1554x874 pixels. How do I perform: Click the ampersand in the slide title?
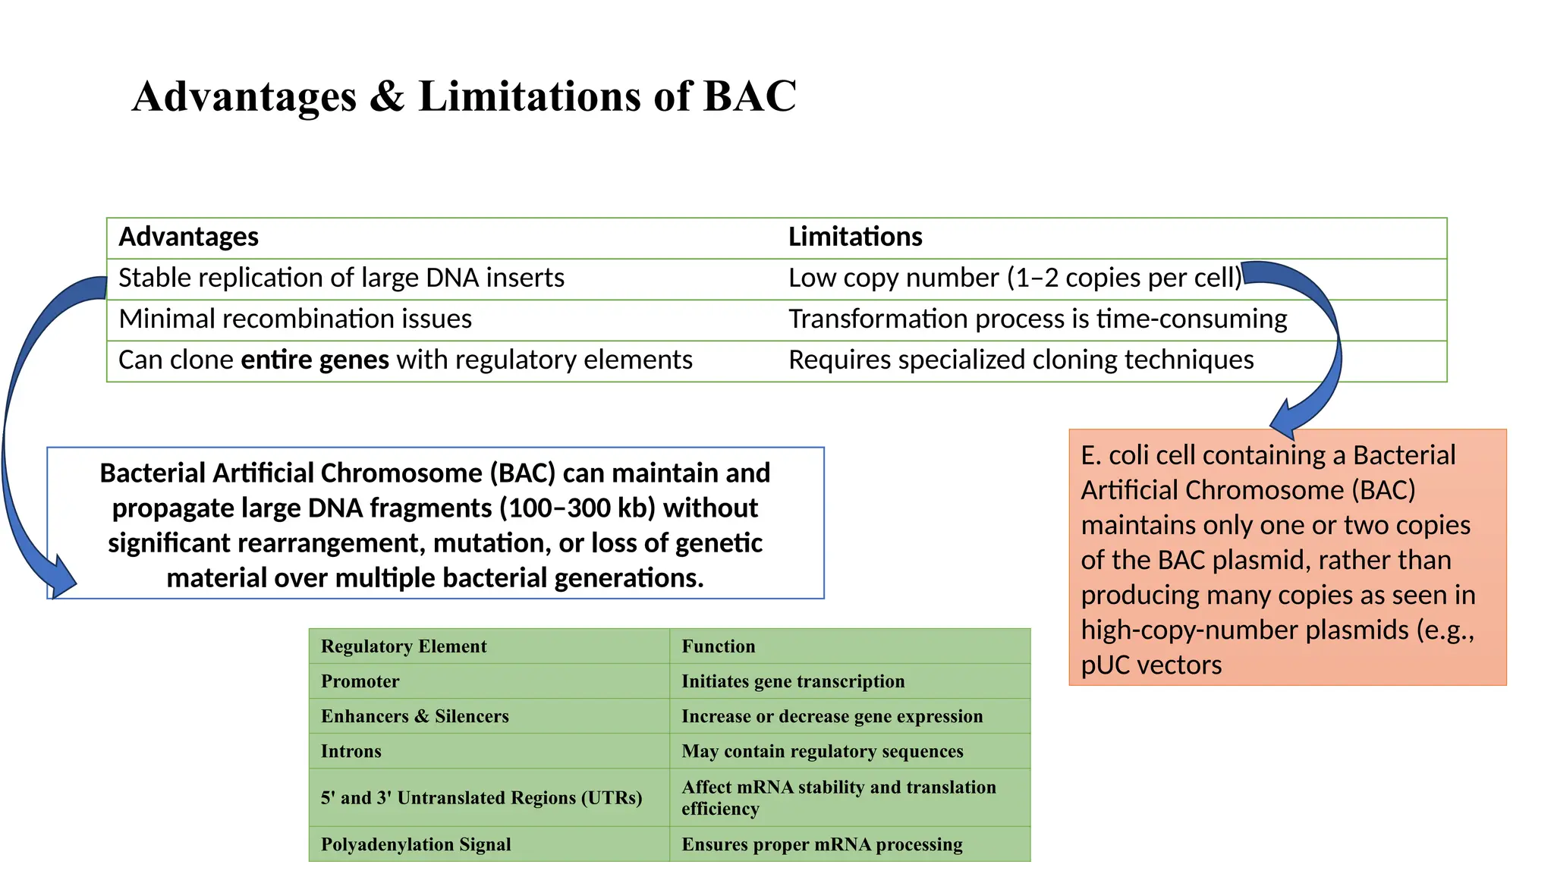[x=387, y=97]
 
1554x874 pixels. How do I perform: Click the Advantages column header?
[x=189, y=237]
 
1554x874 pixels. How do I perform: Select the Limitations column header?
[x=855, y=237]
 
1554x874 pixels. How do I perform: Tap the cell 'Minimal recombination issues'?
[x=295, y=319]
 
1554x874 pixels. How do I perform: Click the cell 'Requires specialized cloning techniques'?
[x=1021, y=360]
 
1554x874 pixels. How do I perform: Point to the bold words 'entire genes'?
[x=315, y=360]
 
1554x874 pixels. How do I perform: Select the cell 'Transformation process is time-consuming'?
[x=1037, y=319]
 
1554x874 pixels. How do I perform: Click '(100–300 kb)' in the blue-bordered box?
[x=577, y=508]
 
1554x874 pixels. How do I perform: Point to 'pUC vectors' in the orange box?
[x=1151, y=665]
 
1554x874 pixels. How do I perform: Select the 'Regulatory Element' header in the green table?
[x=404, y=646]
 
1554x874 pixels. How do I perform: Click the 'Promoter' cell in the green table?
[x=360, y=681]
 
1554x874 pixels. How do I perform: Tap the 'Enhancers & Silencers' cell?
[x=414, y=716]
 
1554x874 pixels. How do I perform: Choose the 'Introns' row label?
[x=351, y=751]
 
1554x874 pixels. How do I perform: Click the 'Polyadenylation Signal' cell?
[x=416, y=844]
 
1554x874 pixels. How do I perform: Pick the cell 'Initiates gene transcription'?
[x=793, y=681]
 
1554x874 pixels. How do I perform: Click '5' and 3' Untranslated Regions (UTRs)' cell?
[x=481, y=798]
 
